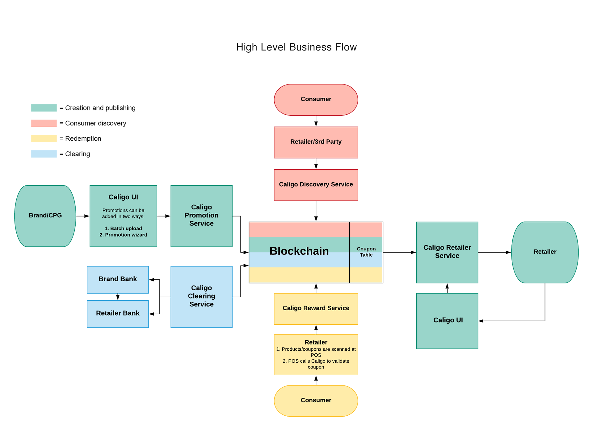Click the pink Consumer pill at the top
pos(316,100)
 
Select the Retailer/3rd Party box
pos(316,142)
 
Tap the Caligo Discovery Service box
pos(316,185)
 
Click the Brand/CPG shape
pos(45,216)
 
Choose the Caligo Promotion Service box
pos(201,216)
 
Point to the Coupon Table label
pos(366,252)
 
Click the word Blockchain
pos(299,251)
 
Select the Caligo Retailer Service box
pos(447,252)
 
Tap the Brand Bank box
pos(118,279)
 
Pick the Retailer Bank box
pos(118,314)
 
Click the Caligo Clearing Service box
pos(201,296)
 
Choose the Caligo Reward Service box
pos(316,308)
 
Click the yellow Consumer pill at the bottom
pos(316,400)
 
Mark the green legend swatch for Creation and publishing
pos(44,108)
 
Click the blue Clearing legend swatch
pos(44,154)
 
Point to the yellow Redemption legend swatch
pos(44,138)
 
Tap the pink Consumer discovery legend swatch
pos(44,123)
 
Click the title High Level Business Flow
pos(296,47)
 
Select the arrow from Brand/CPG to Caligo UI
pos(82,216)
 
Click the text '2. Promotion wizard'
pos(123,235)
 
